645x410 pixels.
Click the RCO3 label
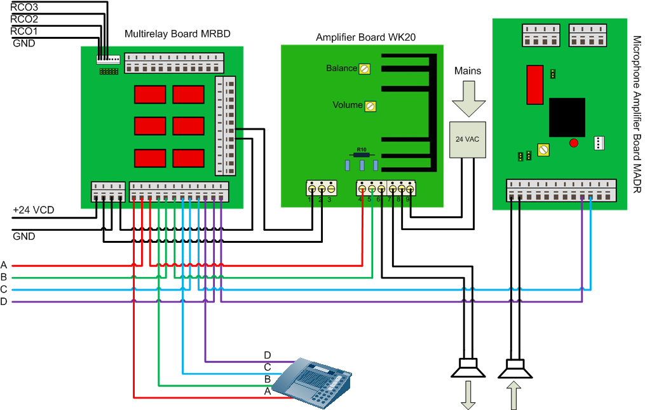24,6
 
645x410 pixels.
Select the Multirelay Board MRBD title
177,34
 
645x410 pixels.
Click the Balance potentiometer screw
365,69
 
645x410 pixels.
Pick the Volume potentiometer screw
370,106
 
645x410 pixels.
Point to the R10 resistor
362,154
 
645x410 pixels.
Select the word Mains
468,71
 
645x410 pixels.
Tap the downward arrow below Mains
468,99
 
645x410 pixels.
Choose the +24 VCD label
31,210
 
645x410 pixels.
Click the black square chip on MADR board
567,117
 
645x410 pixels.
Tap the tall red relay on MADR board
534,85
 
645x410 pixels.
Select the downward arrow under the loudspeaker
468,395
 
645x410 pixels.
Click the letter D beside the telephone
268,355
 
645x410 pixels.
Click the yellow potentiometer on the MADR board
543,150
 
